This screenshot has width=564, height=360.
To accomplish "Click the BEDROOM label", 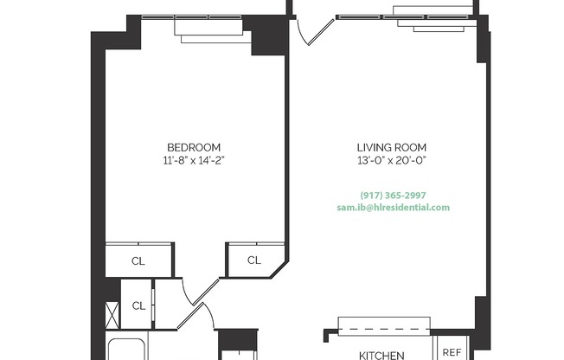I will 194,147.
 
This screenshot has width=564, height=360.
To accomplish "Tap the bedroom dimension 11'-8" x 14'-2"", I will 194,160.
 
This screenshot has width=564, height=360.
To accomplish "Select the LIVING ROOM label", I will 392,147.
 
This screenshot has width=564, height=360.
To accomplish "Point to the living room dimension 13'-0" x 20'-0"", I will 392,160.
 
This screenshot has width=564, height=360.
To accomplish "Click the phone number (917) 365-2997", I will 393,195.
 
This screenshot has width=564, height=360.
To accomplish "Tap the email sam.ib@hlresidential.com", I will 393,208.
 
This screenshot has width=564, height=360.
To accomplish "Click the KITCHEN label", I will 381,355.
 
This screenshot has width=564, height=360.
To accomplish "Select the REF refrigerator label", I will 452,351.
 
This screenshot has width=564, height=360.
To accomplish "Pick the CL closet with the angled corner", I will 254,260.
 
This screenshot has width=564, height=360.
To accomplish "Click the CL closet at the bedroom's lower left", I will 138,260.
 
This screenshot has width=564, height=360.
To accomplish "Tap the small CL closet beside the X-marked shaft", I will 138,305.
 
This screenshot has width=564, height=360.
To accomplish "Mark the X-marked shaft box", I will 112,312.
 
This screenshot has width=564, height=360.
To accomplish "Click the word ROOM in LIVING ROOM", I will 411,147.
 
